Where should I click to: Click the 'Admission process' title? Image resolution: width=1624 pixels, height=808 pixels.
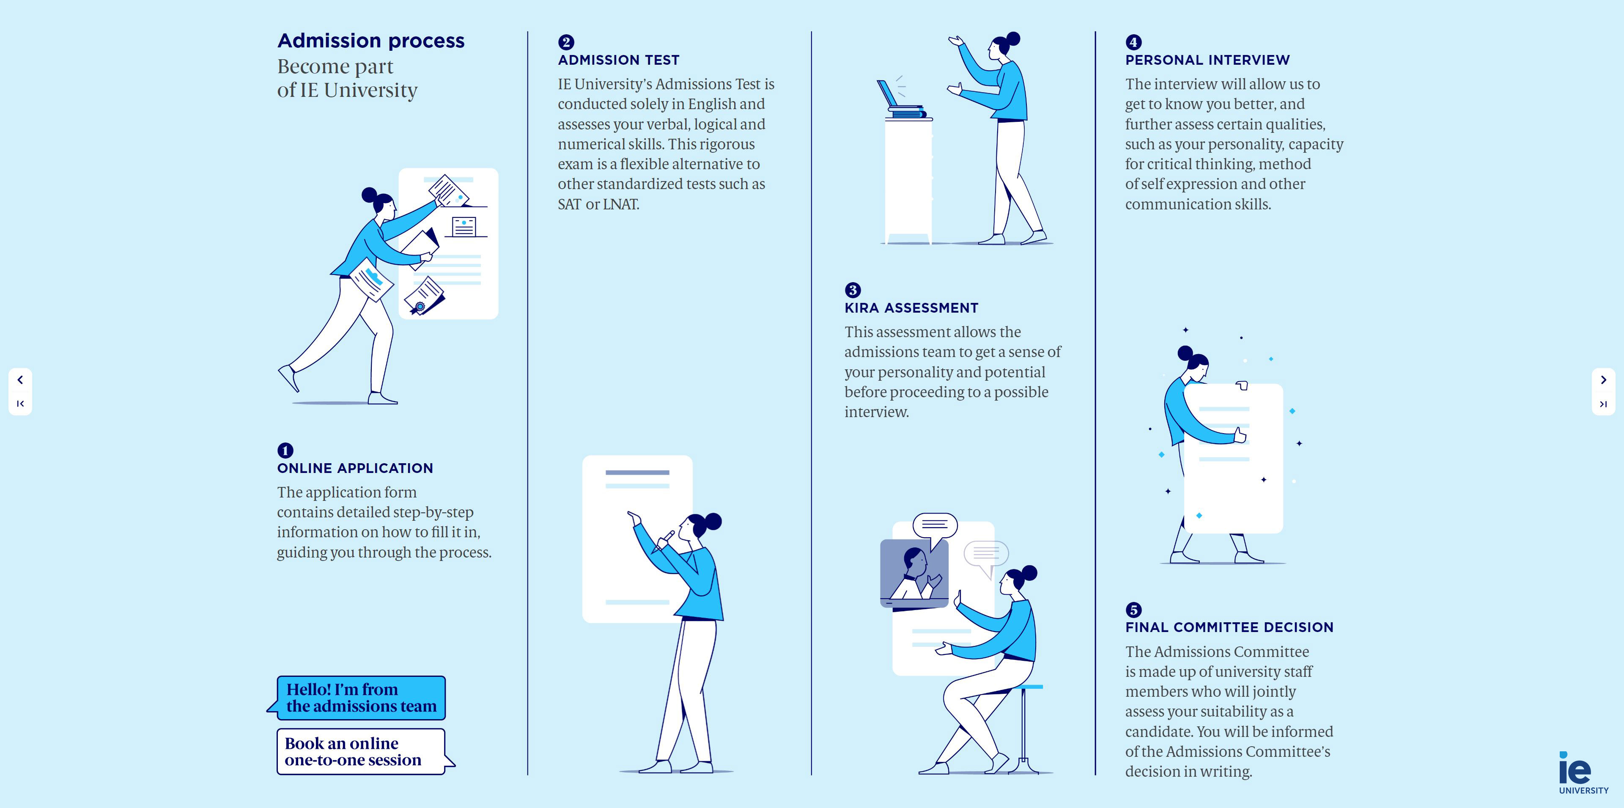click(x=371, y=41)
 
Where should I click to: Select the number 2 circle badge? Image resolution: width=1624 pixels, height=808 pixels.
click(x=565, y=42)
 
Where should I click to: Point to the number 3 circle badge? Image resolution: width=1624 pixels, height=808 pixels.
click(x=852, y=290)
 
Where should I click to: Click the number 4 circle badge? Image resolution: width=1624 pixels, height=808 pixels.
click(x=1133, y=42)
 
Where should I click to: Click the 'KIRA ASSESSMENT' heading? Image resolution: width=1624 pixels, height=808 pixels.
click(x=911, y=308)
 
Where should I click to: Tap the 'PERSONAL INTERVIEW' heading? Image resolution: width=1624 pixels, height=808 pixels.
click(x=1207, y=60)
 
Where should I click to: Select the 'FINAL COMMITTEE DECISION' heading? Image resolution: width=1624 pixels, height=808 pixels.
click(x=1229, y=627)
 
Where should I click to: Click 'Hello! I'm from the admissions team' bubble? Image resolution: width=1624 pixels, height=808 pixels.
click(x=361, y=698)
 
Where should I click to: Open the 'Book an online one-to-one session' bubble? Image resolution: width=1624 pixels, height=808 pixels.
click(x=361, y=751)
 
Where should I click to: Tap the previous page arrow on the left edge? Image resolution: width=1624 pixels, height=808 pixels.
click(x=20, y=380)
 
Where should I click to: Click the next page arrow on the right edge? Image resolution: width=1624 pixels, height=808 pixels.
click(x=1603, y=380)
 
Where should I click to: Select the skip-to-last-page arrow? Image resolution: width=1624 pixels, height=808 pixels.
click(x=1603, y=404)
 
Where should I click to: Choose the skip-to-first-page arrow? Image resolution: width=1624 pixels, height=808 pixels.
click(x=20, y=404)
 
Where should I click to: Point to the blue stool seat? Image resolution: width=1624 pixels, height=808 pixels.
click(x=1030, y=686)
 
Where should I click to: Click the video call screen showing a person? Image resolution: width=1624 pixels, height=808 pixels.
click(x=913, y=573)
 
